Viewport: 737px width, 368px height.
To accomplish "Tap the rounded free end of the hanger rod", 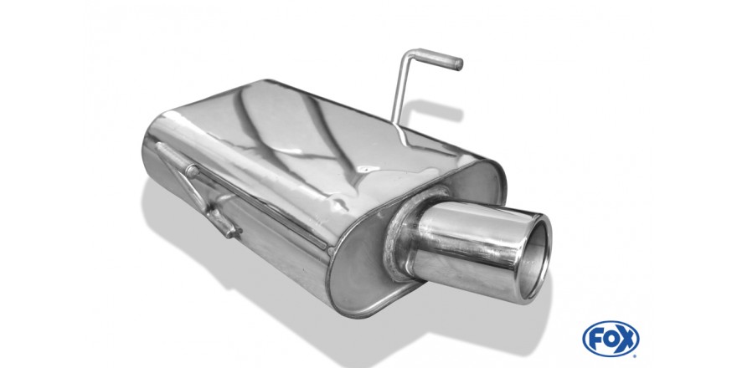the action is click(x=459, y=64).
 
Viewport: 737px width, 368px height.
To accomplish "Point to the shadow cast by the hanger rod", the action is click(x=432, y=110).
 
